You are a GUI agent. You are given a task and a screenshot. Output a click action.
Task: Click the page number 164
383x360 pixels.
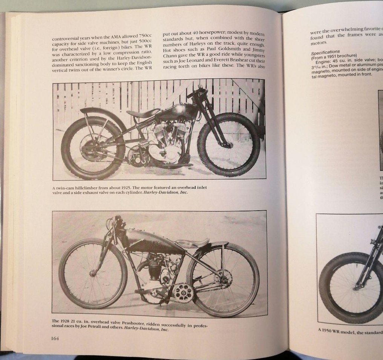55,338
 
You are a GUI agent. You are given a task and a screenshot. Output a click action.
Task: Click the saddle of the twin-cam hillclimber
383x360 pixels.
142,113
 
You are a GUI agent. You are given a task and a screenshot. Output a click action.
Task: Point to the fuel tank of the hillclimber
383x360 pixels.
177,111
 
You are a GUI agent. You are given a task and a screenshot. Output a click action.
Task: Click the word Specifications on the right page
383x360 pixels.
325,52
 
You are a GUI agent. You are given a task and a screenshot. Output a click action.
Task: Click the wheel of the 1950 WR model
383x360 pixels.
351,288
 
